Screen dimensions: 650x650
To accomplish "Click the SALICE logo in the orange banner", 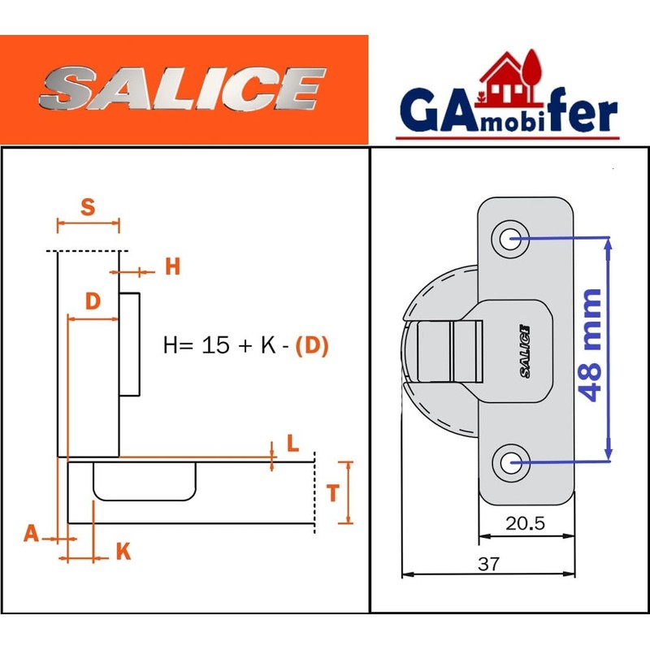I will point(182,89).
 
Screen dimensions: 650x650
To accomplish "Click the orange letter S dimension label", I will point(88,207).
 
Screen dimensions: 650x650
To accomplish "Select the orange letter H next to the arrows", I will point(172,266).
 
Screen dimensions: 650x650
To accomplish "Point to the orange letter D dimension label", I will point(93,301).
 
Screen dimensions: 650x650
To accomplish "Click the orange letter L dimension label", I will point(292,444).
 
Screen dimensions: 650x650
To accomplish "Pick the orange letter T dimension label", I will point(332,493).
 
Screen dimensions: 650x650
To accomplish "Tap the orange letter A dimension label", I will point(31,533).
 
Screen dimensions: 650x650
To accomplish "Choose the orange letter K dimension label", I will point(123,552).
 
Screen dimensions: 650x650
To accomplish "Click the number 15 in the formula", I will point(215,345).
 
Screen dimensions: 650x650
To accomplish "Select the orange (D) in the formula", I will point(312,345).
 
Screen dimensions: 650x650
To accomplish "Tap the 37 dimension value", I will point(488,563).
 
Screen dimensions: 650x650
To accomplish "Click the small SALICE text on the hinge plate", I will point(524,349).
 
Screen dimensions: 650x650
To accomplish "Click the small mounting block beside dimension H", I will point(130,344).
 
